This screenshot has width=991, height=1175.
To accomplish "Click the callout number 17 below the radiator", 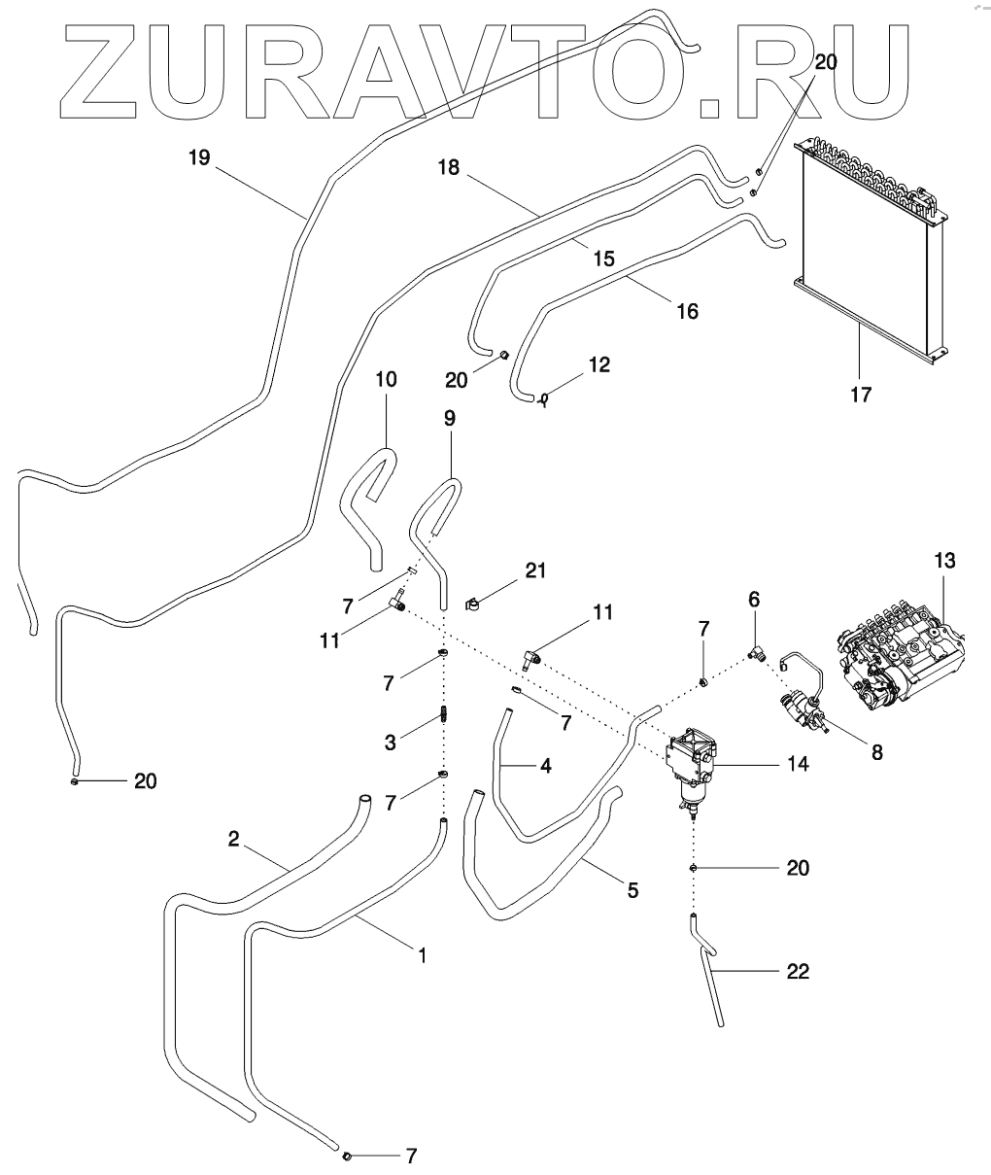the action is coord(861,395).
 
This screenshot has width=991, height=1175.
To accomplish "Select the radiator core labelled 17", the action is coord(871,250).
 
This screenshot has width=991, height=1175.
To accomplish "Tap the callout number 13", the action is coord(945,561).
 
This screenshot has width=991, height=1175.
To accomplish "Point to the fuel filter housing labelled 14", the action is coord(692,771).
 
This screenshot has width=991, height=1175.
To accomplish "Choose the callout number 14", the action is coord(798,764).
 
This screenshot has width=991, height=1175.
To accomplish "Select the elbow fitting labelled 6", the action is coord(756,653).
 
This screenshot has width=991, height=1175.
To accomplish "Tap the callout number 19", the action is coord(199,157).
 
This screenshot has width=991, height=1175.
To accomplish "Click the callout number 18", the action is coord(449,167).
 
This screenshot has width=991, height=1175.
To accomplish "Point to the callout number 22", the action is coord(798,971).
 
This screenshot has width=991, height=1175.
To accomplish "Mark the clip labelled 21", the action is coord(472,605).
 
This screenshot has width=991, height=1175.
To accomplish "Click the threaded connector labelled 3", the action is coord(444,715).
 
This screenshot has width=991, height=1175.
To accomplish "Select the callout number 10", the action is coord(386,379).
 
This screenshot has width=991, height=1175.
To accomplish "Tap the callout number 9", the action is coord(449,418).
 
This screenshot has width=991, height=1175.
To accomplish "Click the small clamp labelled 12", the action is coord(543,399).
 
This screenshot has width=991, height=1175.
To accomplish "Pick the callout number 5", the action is coord(632,890).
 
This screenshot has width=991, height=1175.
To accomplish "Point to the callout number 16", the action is coord(687,311).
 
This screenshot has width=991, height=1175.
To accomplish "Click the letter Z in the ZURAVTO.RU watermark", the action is coord(98,72).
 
